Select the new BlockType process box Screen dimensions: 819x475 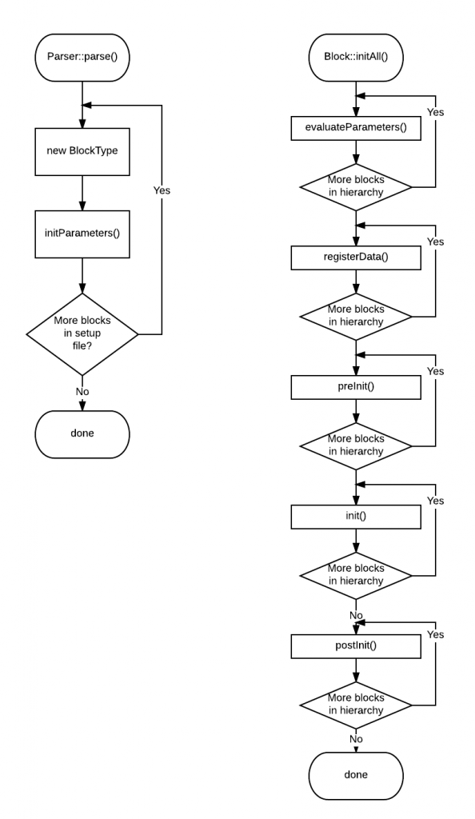pyautogui.click(x=82, y=150)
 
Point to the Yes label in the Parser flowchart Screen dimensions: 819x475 pyautogui.click(x=161, y=191)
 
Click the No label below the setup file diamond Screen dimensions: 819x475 pyautogui.click(x=82, y=393)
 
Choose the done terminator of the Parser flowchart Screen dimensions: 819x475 pyautogui.click(x=82, y=433)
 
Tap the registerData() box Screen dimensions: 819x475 pyautogui.click(x=355, y=258)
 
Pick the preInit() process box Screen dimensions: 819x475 pyautogui.click(x=355, y=387)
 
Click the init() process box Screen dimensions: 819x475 pyautogui.click(x=355, y=516)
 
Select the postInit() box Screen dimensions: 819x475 pyautogui.click(x=355, y=645)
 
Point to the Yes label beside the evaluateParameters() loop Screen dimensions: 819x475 pyautogui.click(x=436, y=112)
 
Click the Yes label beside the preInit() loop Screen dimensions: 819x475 pyautogui.click(x=436, y=370)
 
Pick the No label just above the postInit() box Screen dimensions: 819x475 pyautogui.click(x=357, y=616)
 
